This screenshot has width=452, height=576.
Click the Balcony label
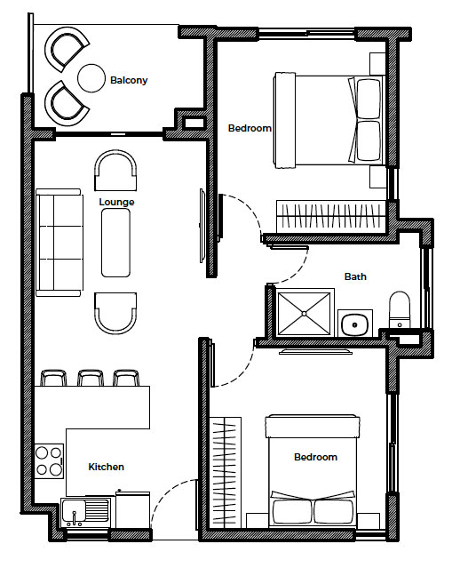point(129,80)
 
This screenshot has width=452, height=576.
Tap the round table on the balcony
point(91,78)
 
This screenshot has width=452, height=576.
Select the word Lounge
point(116,202)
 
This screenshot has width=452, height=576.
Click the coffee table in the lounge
point(116,243)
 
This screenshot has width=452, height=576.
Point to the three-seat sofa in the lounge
point(59,243)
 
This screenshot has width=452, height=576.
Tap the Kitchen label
point(106,467)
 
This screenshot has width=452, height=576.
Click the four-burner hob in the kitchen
point(49,461)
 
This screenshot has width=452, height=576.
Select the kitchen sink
point(85,511)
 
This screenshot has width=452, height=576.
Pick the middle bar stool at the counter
point(91,378)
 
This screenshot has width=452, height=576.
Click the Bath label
point(355,276)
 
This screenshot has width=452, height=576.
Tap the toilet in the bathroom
point(400,309)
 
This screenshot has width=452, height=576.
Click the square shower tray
point(305,314)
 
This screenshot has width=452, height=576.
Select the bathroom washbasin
point(355,324)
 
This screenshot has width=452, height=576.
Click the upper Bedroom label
point(250,128)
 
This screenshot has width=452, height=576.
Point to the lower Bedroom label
point(315,457)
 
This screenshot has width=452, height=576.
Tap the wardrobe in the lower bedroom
point(226,473)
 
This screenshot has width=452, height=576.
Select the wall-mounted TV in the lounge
point(202,226)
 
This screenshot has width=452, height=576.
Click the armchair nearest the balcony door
point(115,171)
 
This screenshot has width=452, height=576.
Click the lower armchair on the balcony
point(66,104)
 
